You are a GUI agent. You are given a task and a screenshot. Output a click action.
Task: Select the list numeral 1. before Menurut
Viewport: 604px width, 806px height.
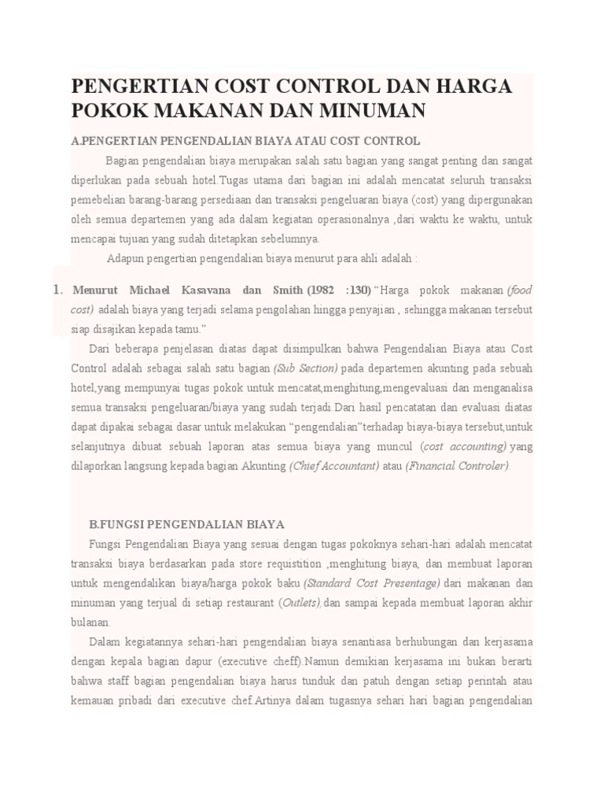[57, 291]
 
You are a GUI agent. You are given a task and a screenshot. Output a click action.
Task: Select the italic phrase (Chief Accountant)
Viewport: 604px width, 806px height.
[333, 465]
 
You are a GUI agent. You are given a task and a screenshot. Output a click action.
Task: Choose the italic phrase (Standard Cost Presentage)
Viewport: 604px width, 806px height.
[372, 583]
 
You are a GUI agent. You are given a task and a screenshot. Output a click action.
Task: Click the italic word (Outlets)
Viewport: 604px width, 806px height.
[301, 603]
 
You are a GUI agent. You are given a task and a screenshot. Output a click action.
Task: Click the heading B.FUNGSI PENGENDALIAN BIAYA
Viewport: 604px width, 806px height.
[187, 523]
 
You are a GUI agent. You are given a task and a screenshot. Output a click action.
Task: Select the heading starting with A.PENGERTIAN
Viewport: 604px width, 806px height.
[245, 141]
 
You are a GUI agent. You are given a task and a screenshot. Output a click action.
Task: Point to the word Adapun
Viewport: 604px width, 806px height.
[125, 258]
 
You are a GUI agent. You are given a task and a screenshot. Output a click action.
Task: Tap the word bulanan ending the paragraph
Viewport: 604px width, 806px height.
[92, 622]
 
